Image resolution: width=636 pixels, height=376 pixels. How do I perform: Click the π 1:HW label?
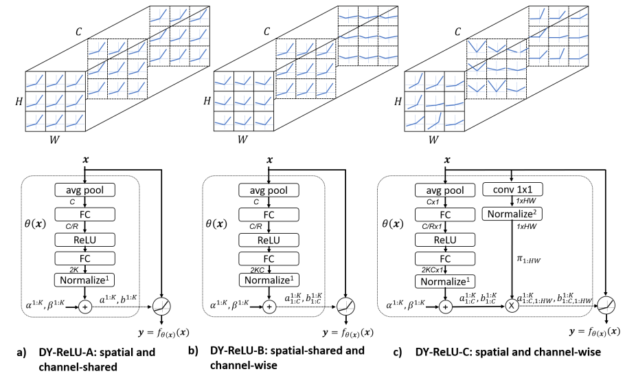click(526, 260)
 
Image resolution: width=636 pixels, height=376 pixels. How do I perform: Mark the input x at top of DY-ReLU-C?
click(447, 159)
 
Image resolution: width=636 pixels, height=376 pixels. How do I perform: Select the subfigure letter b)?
click(194, 351)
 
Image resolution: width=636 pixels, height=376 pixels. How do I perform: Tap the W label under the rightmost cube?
click(433, 140)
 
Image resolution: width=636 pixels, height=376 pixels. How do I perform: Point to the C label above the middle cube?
click(266, 32)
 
